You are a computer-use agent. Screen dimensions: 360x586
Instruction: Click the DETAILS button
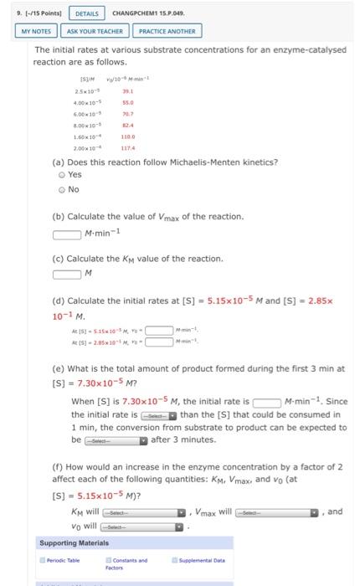click(87, 13)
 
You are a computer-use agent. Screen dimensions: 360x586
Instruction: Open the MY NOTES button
click(35, 31)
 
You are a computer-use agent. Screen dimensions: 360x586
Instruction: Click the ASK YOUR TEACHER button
click(95, 31)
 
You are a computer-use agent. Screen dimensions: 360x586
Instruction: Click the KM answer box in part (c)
click(67, 273)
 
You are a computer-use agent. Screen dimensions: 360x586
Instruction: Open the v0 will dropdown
click(139, 528)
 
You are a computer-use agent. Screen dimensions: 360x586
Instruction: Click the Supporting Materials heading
click(72, 543)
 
